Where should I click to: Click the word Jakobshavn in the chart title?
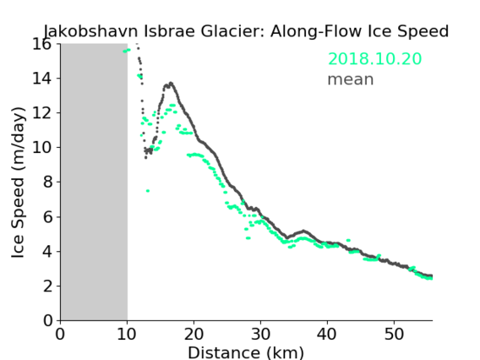pyautogui.click(x=91, y=31)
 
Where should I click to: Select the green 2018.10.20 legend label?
pyautogui.click(x=374, y=59)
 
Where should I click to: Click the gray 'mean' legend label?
pyautogui.click(x=351, y=79)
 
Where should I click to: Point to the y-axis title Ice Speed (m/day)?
pyautogui.click(x=18, y=183)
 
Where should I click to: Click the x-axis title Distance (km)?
pyautogui.click(x=246, y=352)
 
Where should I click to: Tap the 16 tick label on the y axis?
pyautogui.click(x=42, y=44)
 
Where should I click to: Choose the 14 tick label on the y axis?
pyautogui.click(x=42, y=79)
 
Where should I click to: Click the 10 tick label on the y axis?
pyautogui.click(x=42, y=148)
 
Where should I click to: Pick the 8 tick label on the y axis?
pyautogui.click(x=47, y=183)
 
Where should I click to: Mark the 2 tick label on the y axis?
pyautogui.click(x=47, y=286)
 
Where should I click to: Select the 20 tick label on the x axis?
pyautogui.click(x=194, y=334)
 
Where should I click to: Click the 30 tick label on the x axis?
pyautogui.click(x=260, y=334)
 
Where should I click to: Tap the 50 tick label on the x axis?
pyautogui.click(x=394, y=334)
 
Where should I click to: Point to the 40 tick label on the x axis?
pyautogui.click(x=327, y=334)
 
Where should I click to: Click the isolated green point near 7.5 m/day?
pyautogui.click(x=148, y=191)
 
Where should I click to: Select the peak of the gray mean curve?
pyautogui.click(x=171, y=83)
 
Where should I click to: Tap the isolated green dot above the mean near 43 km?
pyautogui.click(x=348, y=240)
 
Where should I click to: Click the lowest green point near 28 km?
pyautogui.click(x=248, y=237)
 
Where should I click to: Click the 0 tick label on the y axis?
pyautogui.click(x=47, y=321)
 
